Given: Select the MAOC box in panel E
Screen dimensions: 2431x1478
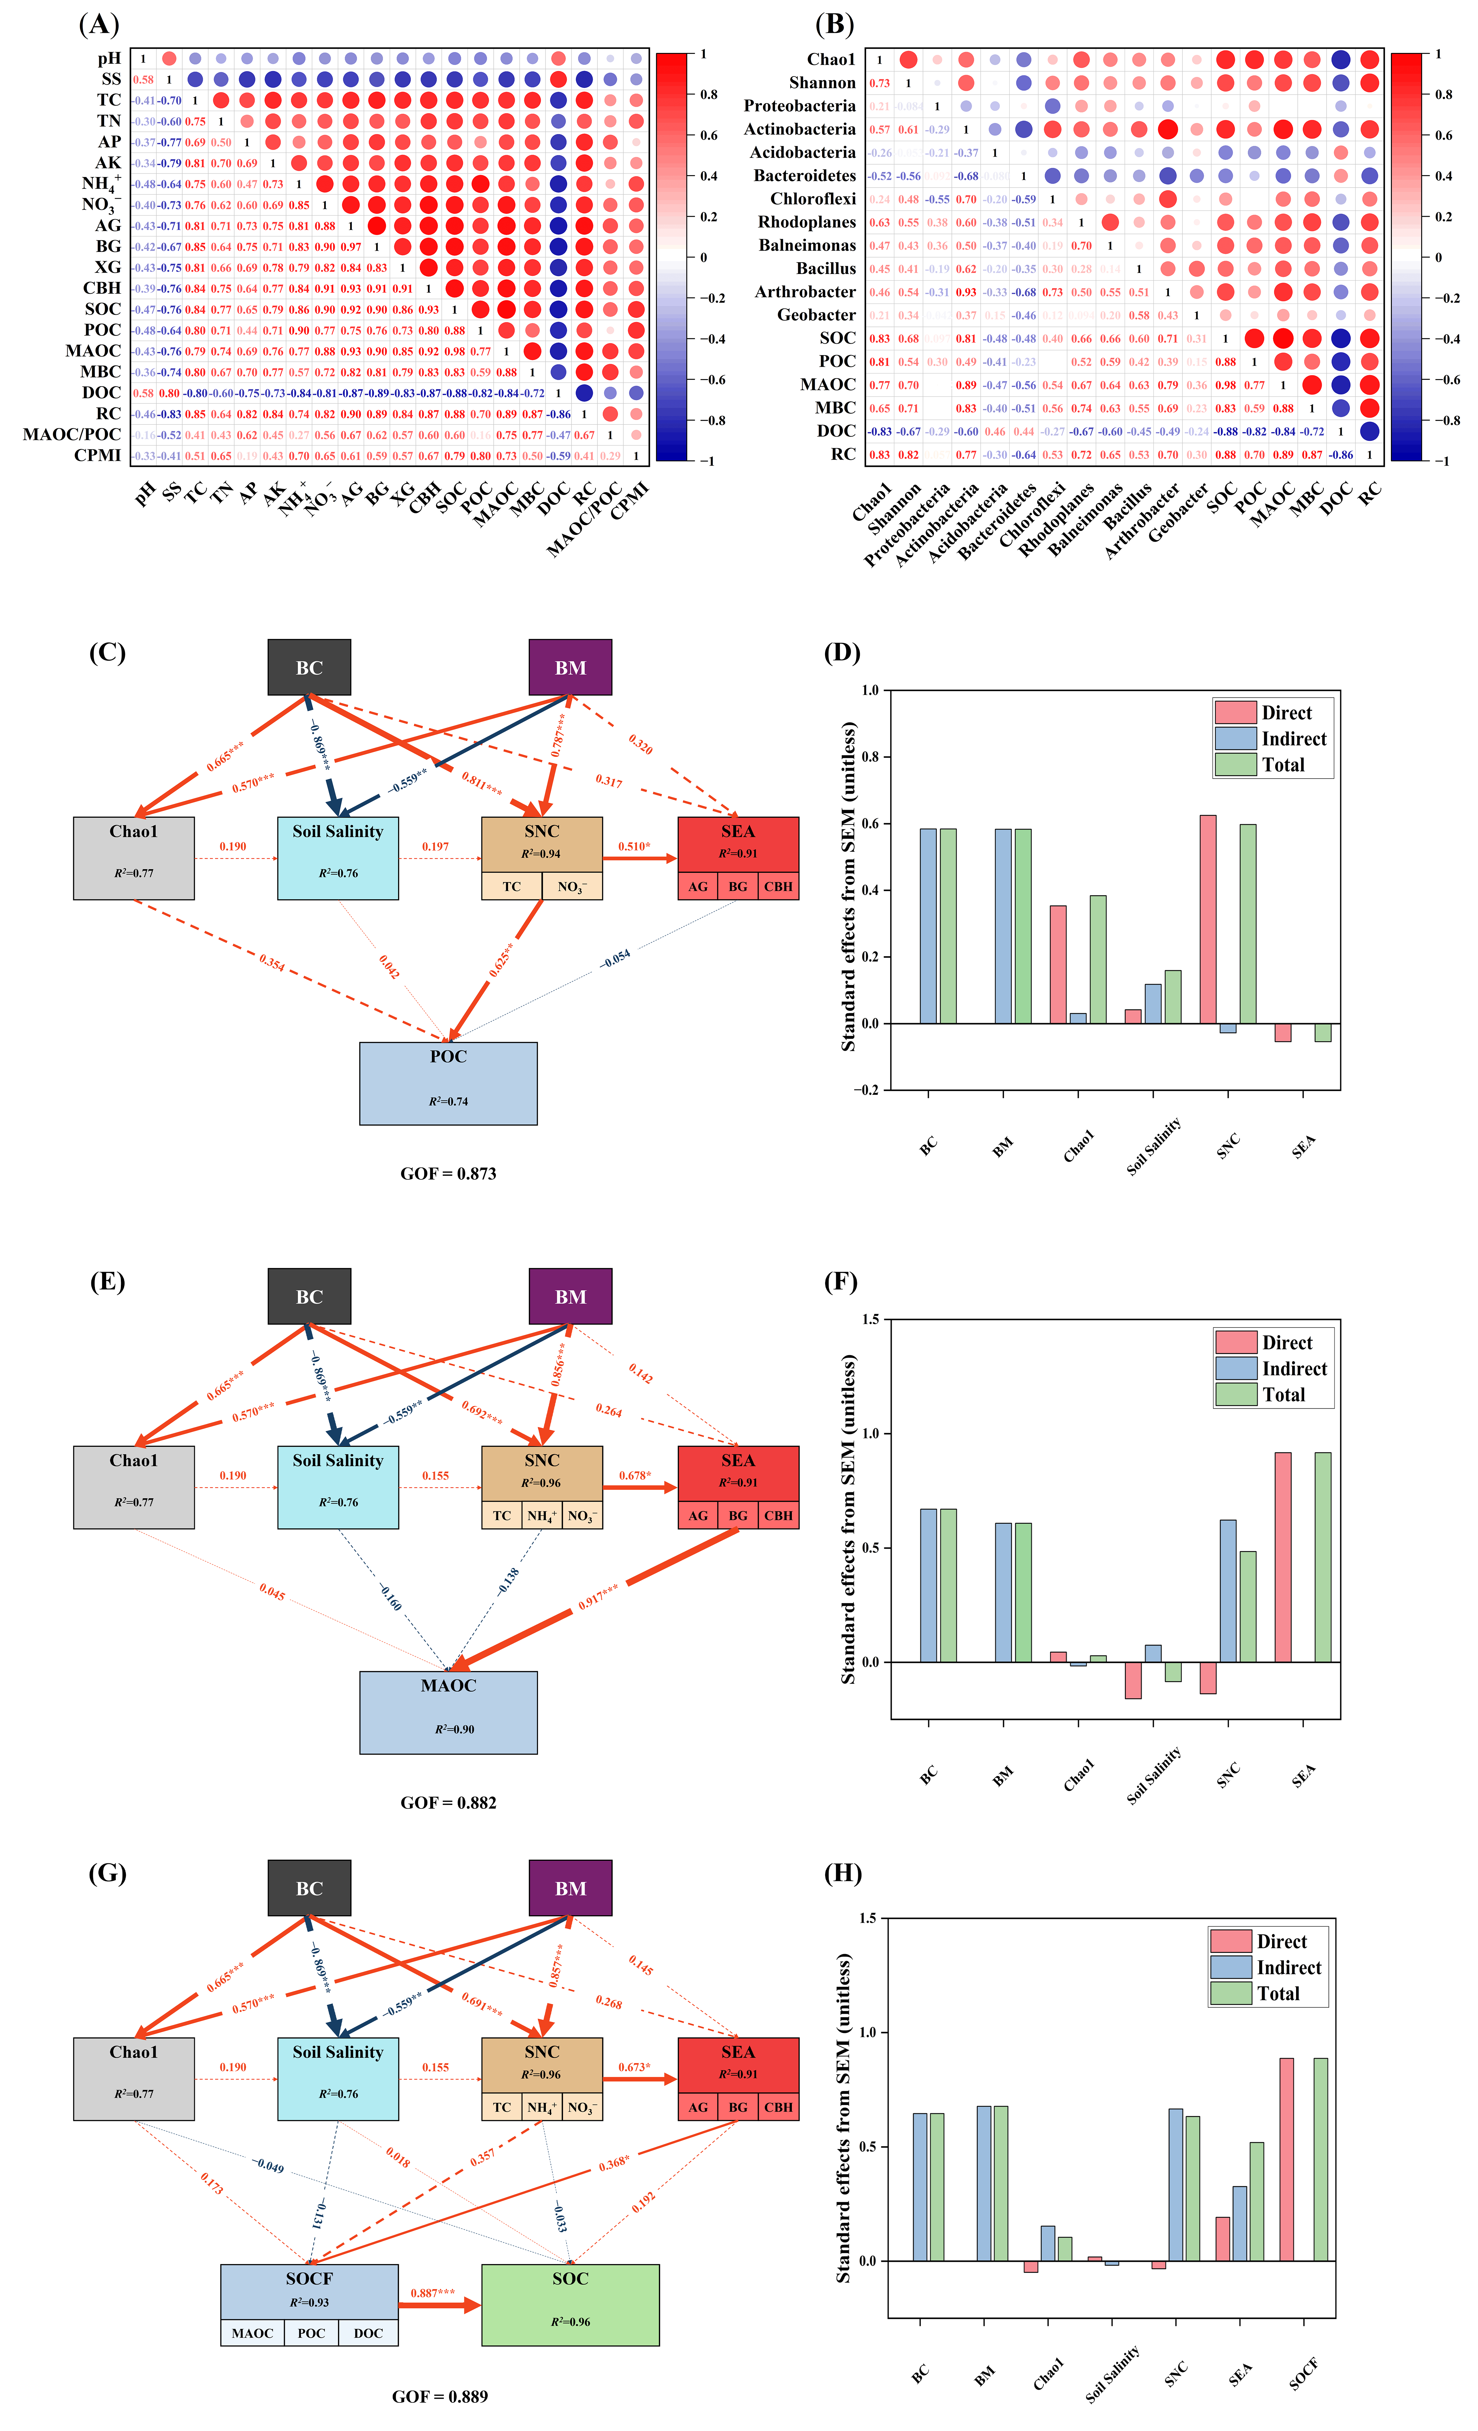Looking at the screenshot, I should (448, 1712).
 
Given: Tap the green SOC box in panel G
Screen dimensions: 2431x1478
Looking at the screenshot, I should (570, 2304).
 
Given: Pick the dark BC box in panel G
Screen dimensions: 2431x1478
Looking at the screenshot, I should (309, 1887).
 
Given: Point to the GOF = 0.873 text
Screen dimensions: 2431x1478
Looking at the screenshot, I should (448, 1173).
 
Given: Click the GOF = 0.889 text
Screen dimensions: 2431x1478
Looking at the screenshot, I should (440, 2396).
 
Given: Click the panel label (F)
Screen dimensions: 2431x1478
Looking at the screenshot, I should (840, 1282).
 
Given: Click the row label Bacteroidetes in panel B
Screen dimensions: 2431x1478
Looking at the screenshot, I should (804, 176).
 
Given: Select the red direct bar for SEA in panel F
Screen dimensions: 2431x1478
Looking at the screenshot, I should (1283, 1557).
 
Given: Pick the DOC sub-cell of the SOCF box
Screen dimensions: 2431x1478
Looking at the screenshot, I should (368, 2332).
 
